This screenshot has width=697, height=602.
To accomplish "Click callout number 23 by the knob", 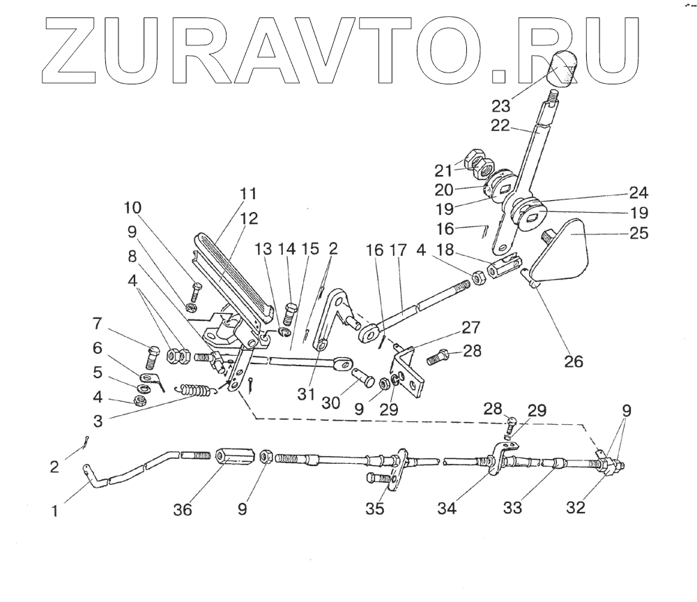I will tap(500, 106).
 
